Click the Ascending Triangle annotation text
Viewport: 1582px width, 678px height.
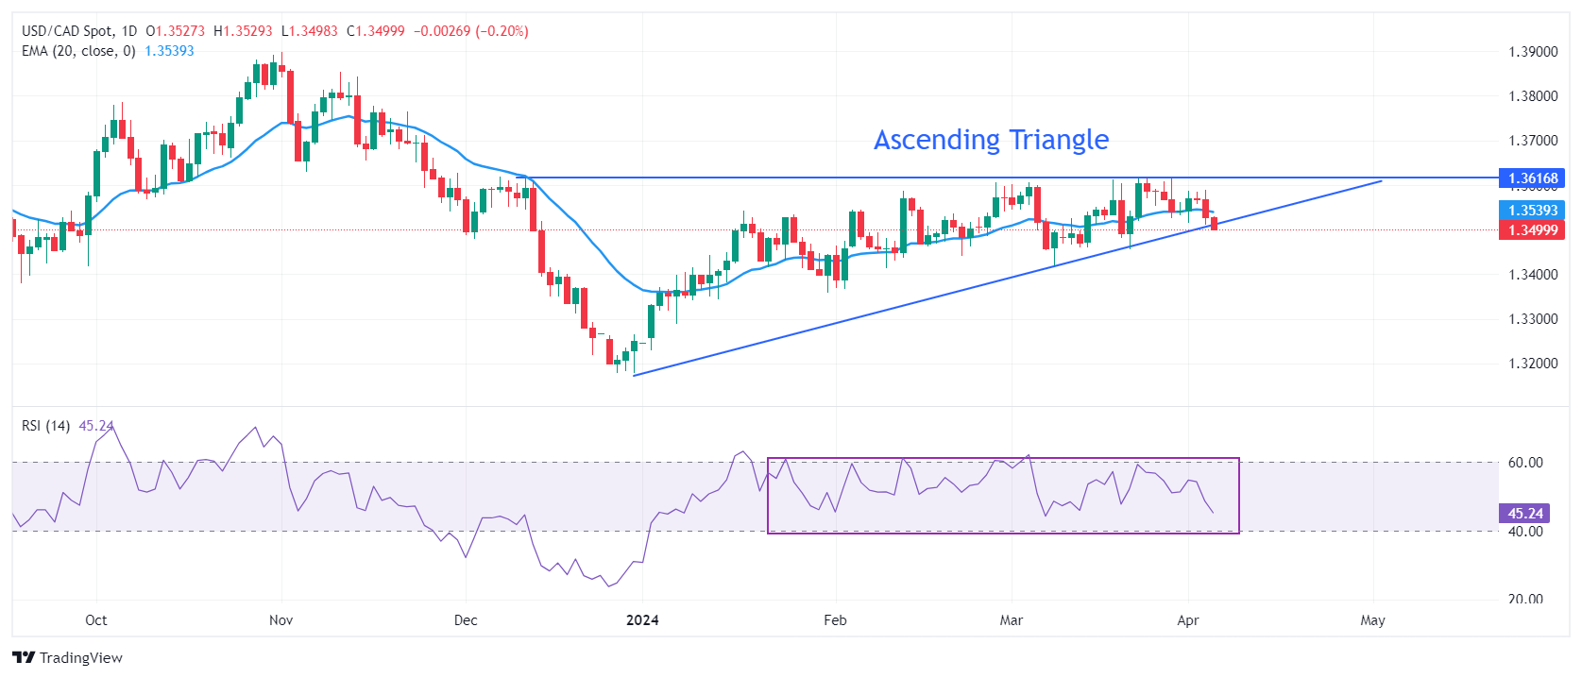coord(991,140)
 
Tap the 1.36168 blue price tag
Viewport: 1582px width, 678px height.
coord(1532,178)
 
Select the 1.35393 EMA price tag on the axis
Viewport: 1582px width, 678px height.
coord(1532,211)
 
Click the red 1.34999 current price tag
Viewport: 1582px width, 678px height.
coord(1532,230)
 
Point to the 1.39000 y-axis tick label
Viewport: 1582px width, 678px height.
coord(1532,52)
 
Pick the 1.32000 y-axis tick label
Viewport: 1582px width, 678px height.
coord(1532,364)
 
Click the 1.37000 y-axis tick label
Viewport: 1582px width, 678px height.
coord(1532,141)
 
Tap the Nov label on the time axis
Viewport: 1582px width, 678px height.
coord(281,620)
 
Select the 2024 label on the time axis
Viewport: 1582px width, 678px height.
coord(642,620)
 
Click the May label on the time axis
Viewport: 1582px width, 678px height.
coord(1372,620)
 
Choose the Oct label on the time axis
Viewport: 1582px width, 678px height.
coord(95,620)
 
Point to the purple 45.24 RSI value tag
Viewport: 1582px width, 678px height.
coord(1524,514)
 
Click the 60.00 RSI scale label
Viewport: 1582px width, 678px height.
coord(1524,463)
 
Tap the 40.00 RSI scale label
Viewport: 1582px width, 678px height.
coord(1524,532)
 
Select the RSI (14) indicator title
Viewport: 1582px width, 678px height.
coord(45,426)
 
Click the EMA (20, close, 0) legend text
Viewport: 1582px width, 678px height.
coord(78,51)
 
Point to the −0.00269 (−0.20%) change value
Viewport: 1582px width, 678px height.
coord(471,31)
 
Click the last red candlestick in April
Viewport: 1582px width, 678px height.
coord(1214,224)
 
